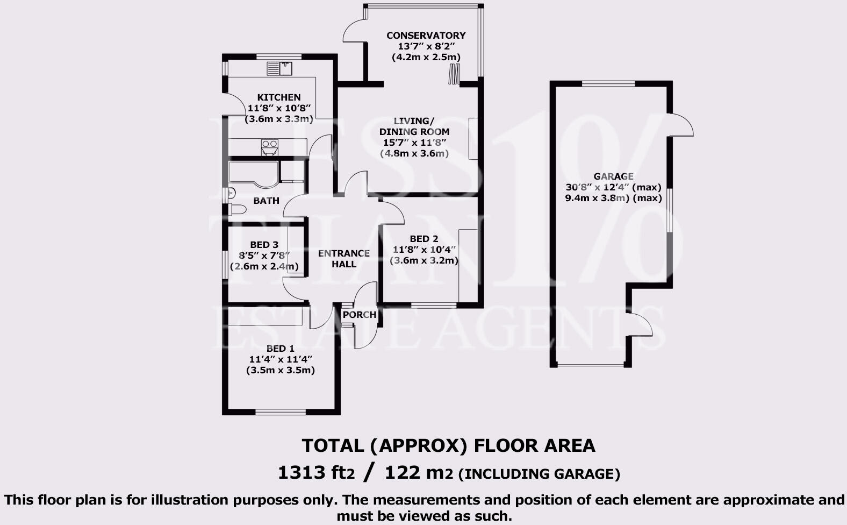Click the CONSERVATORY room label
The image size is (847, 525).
point(426,36)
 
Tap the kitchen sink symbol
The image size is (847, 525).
point(279,68)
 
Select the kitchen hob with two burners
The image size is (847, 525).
point(269,146)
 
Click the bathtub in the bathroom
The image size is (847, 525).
point(253,172)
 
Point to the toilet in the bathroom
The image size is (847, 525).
point(236,209)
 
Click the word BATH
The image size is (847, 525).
point(266,201)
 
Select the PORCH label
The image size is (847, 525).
point(359,315)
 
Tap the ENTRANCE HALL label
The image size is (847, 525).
point(344,258)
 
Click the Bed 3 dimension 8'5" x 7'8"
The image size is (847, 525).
point(264,256)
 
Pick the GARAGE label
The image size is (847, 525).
point(613,176)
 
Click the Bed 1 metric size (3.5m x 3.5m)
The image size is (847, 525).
point(280,370)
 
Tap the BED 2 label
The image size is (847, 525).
point(424,239)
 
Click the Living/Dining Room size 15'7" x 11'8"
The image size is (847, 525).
point(414,143)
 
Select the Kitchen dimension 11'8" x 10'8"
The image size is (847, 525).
point(278,108)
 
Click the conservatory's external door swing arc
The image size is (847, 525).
point(352,30)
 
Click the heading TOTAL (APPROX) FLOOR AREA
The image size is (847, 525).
point(448,445)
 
